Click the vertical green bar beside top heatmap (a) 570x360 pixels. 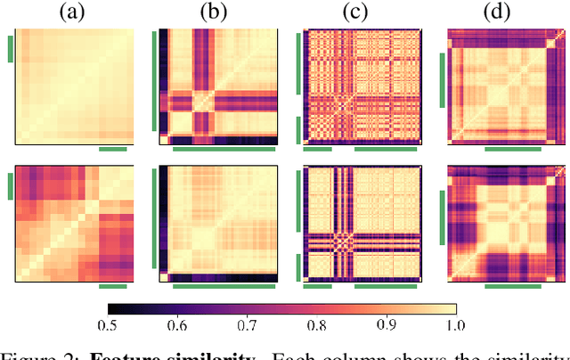coord(10,49)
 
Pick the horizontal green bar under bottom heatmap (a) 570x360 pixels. coord(113,287)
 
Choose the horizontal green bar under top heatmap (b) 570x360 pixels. coord(224,150)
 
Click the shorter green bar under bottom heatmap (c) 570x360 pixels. coord(318,287)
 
